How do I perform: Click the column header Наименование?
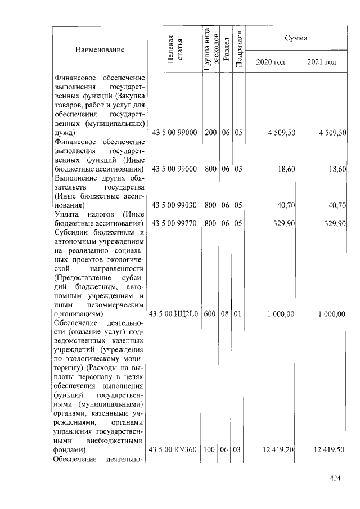coord(99,49)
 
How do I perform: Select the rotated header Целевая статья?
coord(175,49)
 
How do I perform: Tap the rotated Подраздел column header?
coord(238,49)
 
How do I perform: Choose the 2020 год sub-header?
coord(271,61)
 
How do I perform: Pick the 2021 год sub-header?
coord(322,61)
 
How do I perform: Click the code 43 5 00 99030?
coord(174,205)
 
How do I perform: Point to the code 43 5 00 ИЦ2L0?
coord(174,314)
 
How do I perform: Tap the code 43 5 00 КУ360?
coord(174,450)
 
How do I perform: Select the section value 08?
coord(225,314)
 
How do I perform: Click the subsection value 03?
coord(238,450)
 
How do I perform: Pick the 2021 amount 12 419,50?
coord(329,450)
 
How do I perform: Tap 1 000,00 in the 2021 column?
coord(331,314)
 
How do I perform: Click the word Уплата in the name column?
coord(67,214)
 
